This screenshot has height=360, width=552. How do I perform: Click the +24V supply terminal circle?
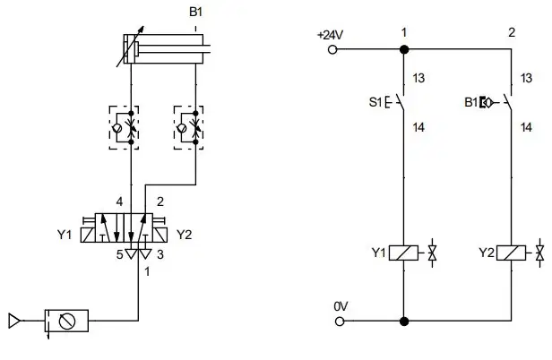point(332,49)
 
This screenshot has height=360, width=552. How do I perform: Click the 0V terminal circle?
point(340,321)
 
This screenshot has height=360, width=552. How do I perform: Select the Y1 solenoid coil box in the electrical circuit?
point(403,253)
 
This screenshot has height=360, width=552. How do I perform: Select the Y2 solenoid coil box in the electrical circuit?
point(511,253)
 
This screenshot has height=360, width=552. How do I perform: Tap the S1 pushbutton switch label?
point(375,102)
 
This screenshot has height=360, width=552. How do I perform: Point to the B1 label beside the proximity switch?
point(471,102)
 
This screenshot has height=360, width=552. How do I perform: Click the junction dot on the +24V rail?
point(404,49)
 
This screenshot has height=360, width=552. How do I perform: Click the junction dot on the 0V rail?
point(404,321)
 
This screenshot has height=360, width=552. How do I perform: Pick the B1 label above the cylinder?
point(195,12)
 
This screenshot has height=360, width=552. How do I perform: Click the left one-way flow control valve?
point(124,128)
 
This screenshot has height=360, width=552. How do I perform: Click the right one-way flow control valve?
point(188,128)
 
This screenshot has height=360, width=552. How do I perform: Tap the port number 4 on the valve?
point(119,202)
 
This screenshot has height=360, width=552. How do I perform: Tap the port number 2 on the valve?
point(160,202)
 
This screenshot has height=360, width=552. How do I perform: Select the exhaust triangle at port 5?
point(131,253)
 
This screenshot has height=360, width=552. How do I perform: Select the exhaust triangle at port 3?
point(145,253)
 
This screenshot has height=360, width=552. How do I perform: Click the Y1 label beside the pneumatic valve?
point(65,235)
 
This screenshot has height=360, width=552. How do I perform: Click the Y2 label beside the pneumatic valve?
point(184,235)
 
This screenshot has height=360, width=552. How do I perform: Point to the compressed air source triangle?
point(14,321)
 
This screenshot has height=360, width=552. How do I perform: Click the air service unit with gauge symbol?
point(66,321)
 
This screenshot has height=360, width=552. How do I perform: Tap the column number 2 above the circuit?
point(512,32)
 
